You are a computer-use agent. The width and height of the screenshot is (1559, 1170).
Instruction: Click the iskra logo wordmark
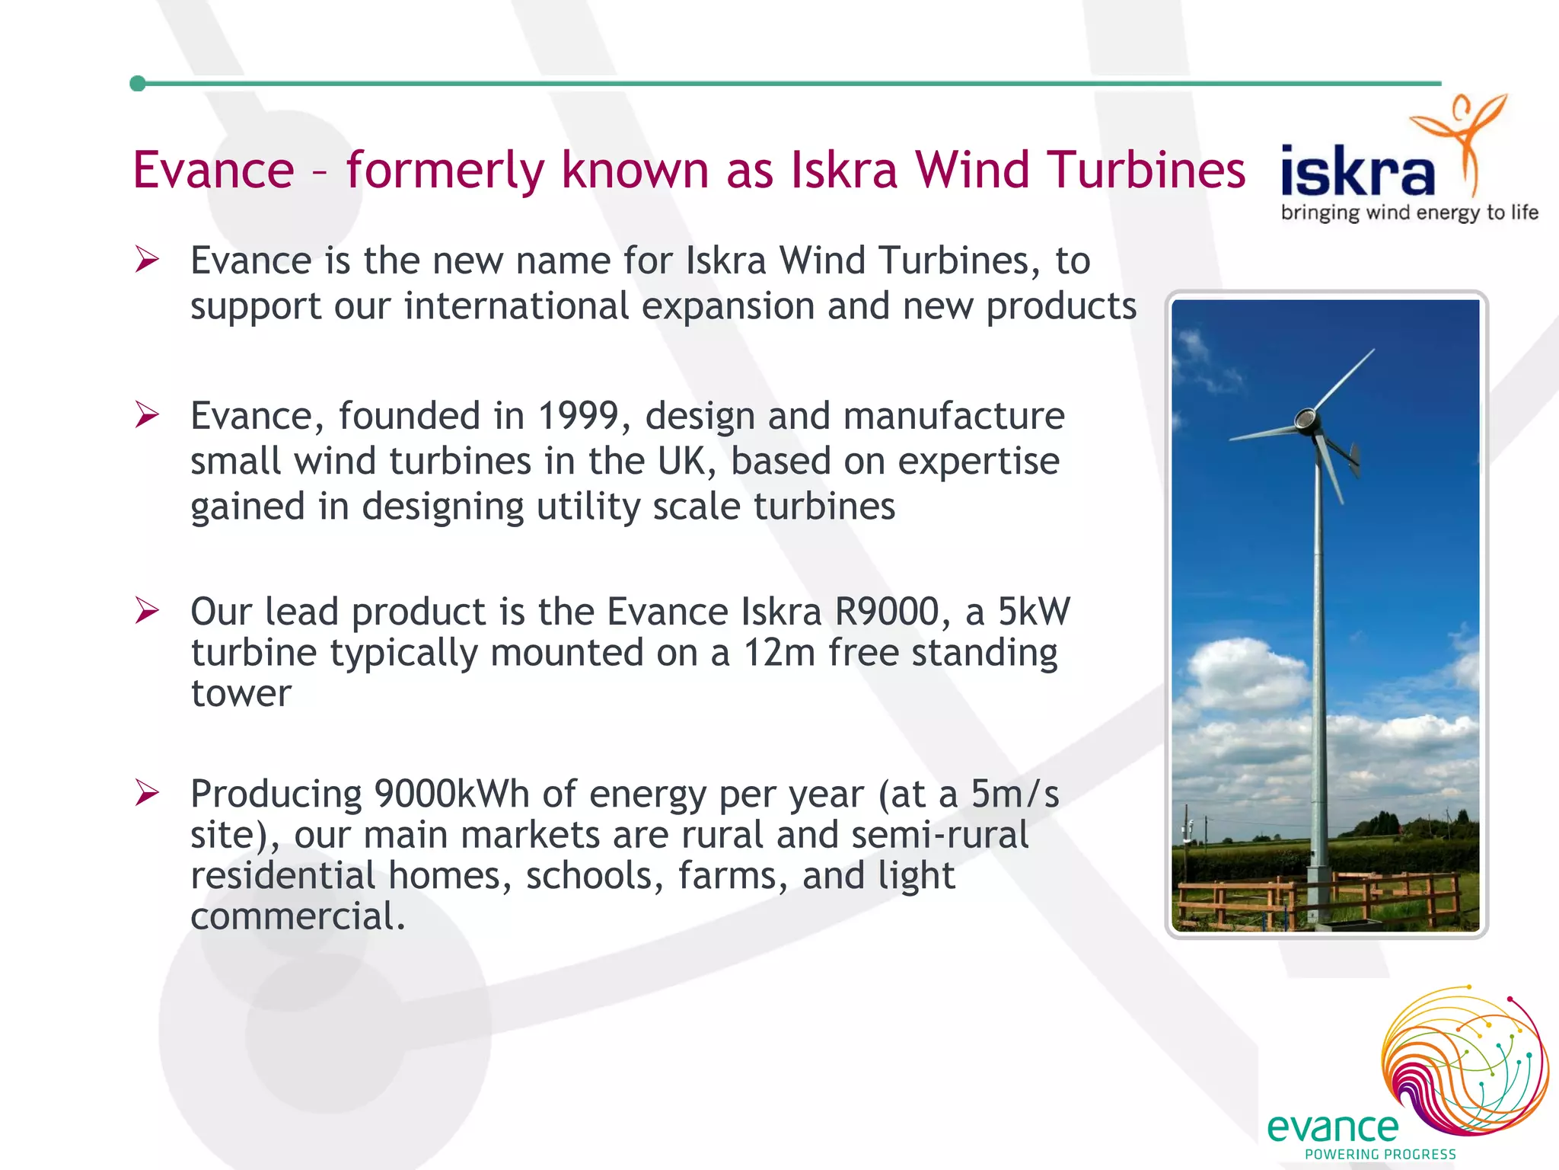point(1357,172)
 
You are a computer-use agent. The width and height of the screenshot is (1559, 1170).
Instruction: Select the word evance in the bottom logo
point(1332,1127)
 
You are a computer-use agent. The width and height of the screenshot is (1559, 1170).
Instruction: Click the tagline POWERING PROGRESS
point(1380,1155)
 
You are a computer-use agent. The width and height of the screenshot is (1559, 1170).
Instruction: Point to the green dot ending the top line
point(138,84)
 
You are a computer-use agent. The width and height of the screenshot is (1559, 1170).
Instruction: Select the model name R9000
point(887,612)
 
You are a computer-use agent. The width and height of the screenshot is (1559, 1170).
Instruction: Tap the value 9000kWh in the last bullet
point(451,794)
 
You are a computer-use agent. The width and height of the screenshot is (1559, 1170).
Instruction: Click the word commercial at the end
point(297,916)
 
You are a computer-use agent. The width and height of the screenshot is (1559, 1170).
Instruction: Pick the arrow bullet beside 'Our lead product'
point(146,611)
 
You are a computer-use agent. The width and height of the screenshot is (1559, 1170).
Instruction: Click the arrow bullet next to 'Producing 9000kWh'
point(146,793)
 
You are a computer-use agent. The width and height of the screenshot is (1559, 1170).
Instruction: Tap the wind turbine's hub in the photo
point(1306,420)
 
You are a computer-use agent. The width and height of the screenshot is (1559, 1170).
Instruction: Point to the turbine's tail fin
point(1353,458)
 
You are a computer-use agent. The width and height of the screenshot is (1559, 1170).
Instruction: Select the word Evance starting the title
point(213,169)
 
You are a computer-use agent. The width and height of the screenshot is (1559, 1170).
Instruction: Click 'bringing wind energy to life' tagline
point(1409,213)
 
